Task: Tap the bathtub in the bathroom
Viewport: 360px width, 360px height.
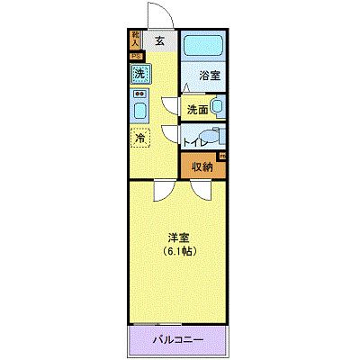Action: [205, 48]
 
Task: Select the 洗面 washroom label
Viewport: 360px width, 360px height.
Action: [197, 110]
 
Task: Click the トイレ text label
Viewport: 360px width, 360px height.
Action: [196, 142]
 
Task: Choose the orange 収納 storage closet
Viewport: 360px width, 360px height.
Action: [201, 166]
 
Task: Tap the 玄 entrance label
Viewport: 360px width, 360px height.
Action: [158, 40]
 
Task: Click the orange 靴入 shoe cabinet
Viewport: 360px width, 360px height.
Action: [135, 39]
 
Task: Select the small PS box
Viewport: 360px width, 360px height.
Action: [135, 56]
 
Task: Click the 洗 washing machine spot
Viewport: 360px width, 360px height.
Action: [139, 74]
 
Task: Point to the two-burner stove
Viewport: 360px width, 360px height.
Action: [139, 94]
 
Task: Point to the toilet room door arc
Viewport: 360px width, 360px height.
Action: [171, 135]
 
